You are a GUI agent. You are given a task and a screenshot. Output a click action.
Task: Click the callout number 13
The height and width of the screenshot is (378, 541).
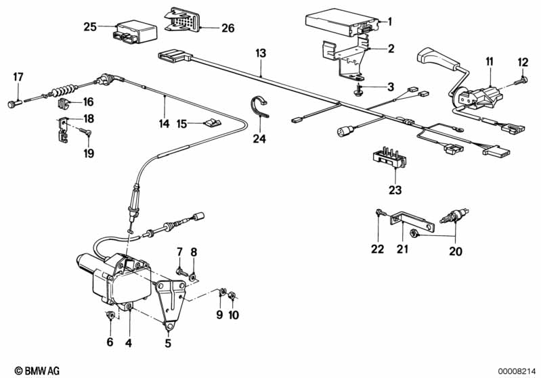[261, 53]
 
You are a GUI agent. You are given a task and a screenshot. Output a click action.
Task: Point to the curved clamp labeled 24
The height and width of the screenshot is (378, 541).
[258, 109]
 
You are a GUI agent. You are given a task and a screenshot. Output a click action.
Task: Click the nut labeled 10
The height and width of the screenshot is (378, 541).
[232, 295]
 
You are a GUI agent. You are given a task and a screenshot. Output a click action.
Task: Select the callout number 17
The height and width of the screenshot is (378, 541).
[18, 76]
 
